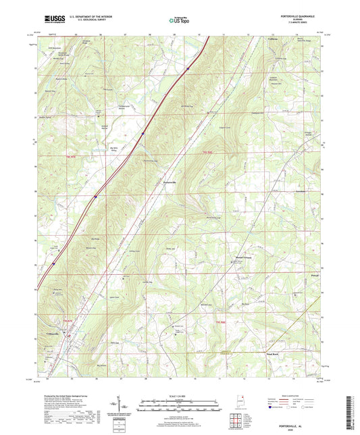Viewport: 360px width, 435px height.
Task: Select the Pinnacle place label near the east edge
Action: [312, 276]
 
